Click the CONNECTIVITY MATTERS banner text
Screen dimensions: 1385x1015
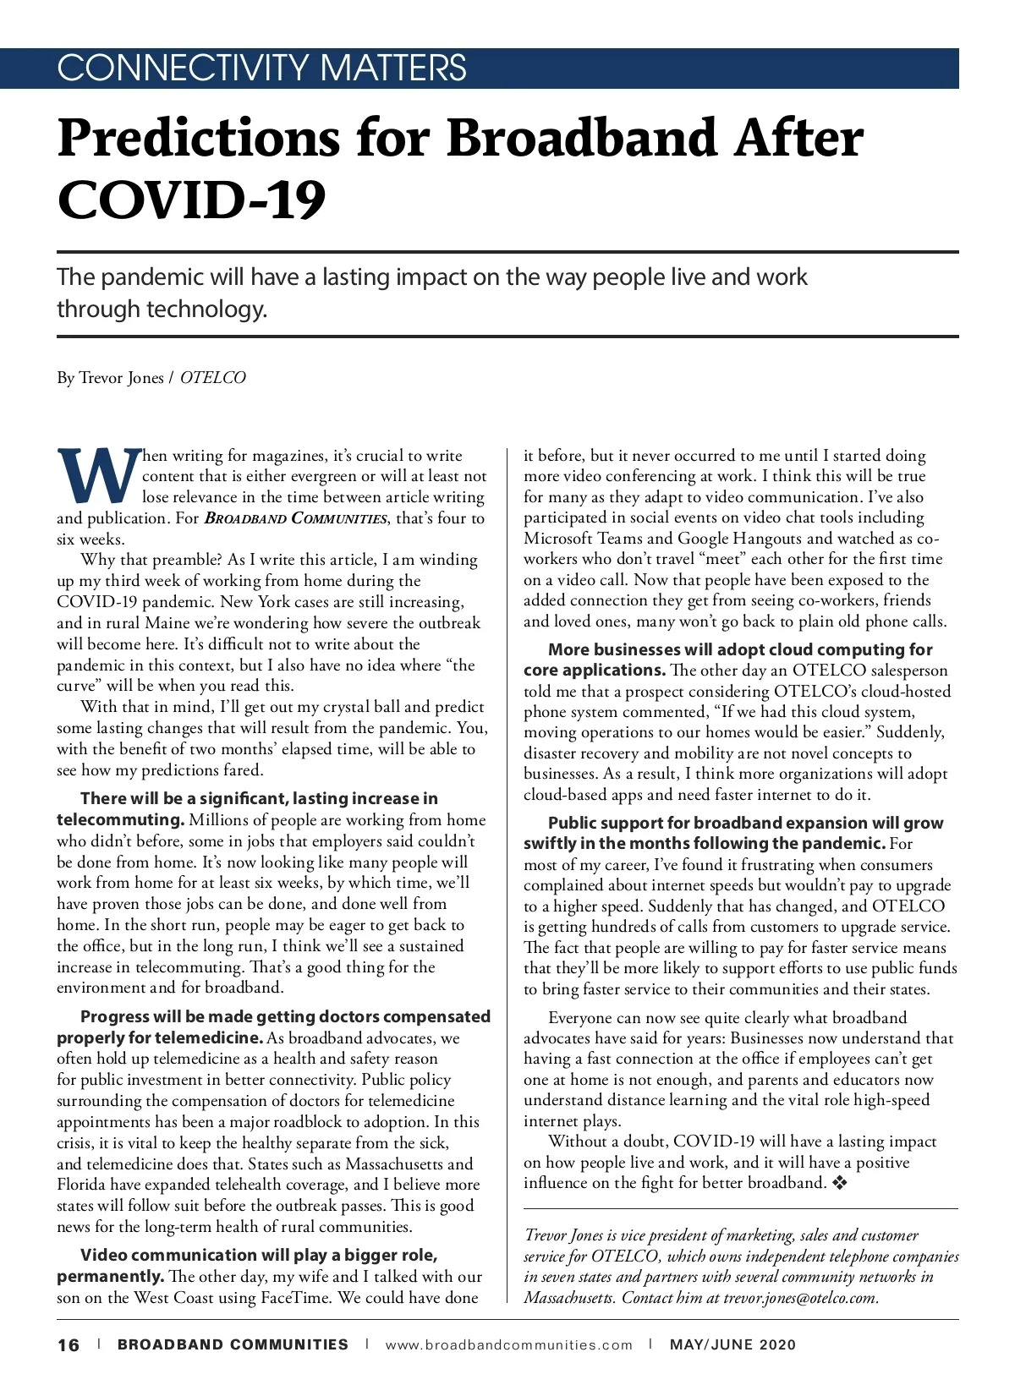[x=261, y=68]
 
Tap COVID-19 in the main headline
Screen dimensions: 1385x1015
[x=191, y=200]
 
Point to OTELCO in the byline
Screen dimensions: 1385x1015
[x=213, y=378]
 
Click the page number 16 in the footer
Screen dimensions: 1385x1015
[x=69, y=1344]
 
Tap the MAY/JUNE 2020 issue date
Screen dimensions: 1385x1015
[x=732, y=1344]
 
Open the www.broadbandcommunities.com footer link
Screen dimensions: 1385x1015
[x=508, y=1344]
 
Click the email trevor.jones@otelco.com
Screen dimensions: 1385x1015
[x=799, y=1298]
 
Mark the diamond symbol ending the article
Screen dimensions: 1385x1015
[x=840, y=1183]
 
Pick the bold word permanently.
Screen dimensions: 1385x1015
[x=110, y=1276]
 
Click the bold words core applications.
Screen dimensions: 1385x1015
[x=594, y=671]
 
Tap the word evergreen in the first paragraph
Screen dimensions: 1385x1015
[x=322, y=476]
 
